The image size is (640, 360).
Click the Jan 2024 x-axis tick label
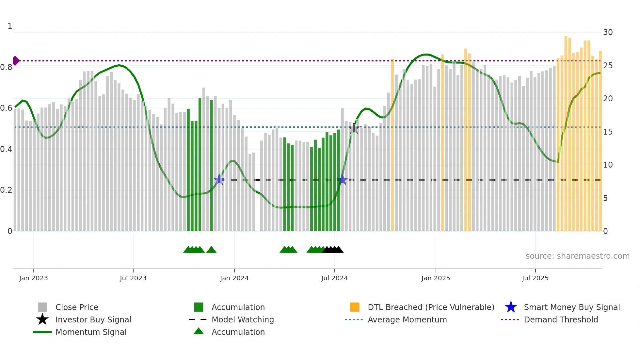point(234,278)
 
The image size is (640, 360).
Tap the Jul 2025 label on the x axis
point(535,278)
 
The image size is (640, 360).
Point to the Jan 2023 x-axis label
point(33,278)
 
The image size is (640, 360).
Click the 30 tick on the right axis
point(608,32)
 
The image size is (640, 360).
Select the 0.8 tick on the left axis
point(6,67)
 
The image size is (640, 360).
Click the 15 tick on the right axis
point(608,132)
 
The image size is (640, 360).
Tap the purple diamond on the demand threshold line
point(16,61)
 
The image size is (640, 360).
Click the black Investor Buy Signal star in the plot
point(354,128)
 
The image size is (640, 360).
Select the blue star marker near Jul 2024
point(342,180)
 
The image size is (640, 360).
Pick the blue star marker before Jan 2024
point(219,180)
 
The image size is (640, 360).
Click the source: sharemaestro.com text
point(577,256)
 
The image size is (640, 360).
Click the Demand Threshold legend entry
point(561,319)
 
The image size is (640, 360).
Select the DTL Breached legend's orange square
point(355,307)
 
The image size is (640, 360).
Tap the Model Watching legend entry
point(242,319)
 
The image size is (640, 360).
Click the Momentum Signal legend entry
point(91,332)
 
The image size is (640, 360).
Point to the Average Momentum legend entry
point(407,319)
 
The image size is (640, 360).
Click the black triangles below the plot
point(333,250)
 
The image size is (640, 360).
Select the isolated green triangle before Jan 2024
point(211,250)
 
